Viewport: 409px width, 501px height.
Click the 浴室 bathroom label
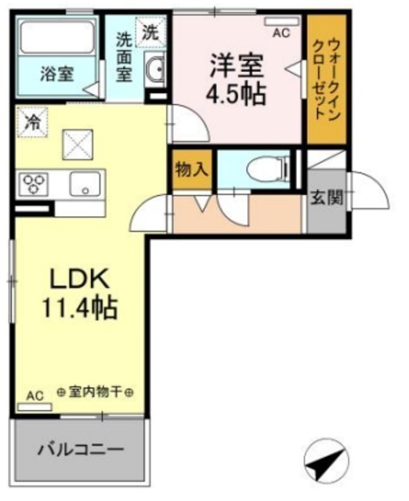57,74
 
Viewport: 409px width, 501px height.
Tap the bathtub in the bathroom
57,37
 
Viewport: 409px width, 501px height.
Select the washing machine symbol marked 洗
150,32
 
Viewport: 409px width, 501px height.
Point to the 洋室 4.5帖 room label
237,80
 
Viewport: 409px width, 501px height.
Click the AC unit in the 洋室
282,21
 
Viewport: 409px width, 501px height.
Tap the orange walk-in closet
327,79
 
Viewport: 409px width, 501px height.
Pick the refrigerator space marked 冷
33,122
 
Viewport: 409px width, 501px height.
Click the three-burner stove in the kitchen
34,184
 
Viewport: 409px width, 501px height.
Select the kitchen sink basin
85,184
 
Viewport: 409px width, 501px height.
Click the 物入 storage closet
192,169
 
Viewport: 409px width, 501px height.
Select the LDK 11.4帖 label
80,294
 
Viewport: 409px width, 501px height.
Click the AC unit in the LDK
34,407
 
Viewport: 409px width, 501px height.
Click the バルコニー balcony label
81,450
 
